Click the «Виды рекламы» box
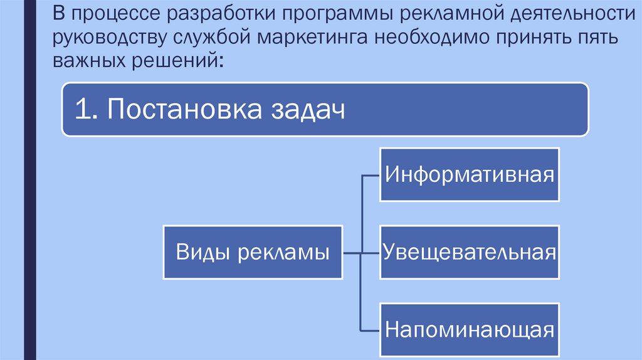(253, 252)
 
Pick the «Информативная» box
(469, 174)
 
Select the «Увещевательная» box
(469, 252)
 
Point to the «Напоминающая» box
(469, 329)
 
